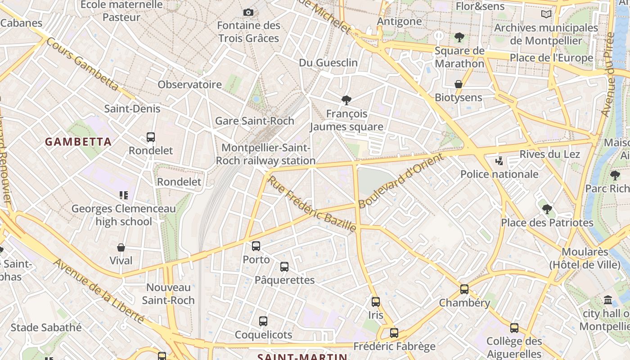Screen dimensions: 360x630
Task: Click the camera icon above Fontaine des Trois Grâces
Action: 248,12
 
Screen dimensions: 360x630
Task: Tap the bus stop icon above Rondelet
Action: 151,137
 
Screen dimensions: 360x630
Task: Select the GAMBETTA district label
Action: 78,142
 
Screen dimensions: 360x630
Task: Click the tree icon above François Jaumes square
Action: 346,100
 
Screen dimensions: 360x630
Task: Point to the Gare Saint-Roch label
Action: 255,121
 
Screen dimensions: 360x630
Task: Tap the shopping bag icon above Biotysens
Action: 458,84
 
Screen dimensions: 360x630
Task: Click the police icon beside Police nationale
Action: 499,161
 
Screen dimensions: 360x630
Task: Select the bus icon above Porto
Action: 256,246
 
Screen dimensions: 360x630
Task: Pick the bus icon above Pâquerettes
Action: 284,267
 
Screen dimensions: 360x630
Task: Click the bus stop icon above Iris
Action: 376,302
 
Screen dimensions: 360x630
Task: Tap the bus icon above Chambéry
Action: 464,289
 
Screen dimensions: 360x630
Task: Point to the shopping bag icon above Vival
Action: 121,247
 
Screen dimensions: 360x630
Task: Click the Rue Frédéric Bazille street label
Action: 312,204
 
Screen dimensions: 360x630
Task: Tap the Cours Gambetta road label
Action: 82,64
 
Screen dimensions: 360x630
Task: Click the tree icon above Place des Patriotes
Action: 547,209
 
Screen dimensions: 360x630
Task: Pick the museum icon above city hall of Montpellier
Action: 608,300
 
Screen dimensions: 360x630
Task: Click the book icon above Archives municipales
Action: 546,14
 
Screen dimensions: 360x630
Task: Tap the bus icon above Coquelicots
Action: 263,321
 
